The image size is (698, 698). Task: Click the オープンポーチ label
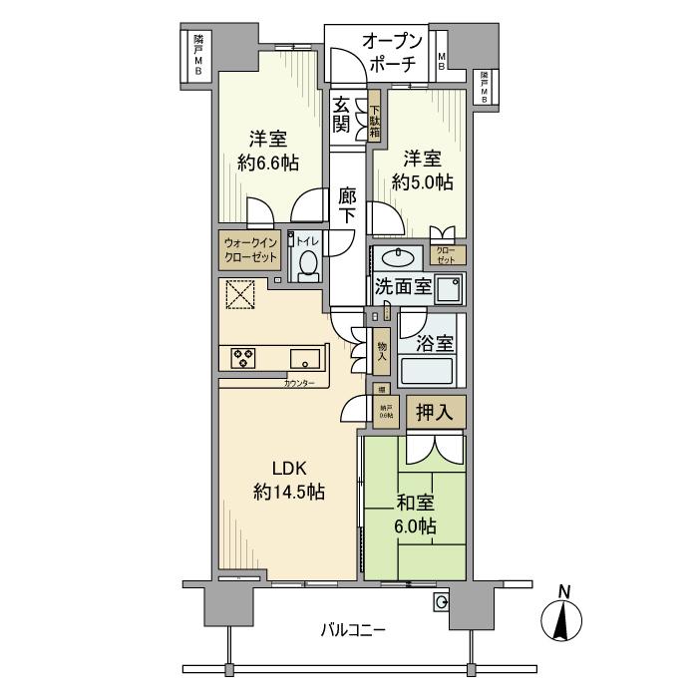[392, 53]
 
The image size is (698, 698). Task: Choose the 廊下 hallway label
[347, 204]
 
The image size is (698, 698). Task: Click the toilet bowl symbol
[307, 264]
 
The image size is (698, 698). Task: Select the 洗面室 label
[403, 287]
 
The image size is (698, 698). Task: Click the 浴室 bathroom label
[436, 344]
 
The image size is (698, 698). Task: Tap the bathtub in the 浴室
[427, 372]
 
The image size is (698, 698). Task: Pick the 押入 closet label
[434, 411]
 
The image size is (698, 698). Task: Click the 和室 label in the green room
[413, 504]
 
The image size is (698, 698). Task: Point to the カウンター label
[298, 384]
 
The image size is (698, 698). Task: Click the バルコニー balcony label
[352, 629]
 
